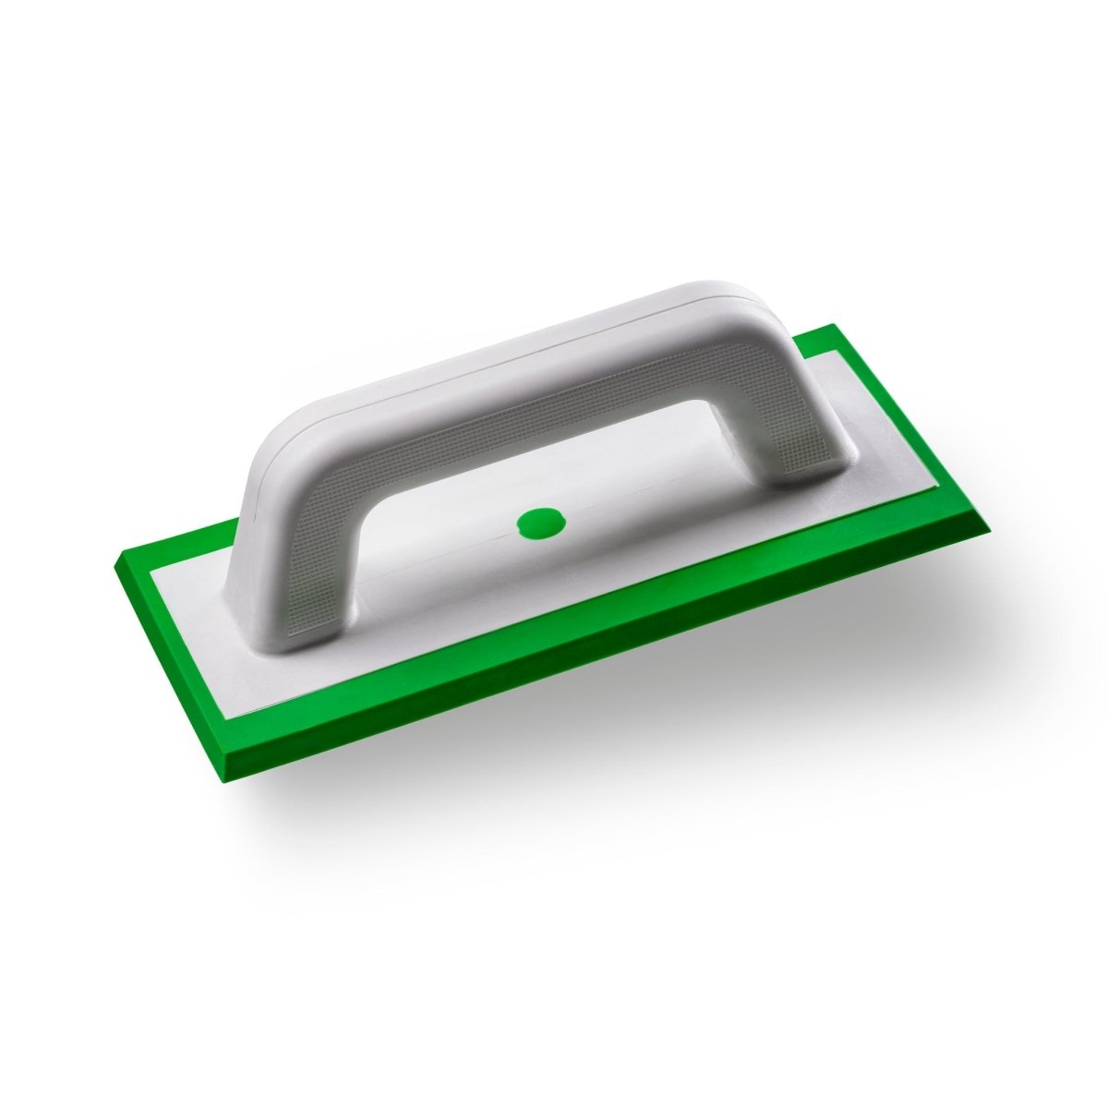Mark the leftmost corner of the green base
pos(114,565)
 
